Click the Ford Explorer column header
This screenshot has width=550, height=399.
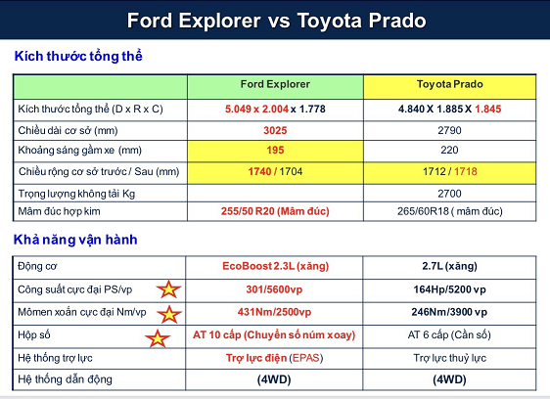tap(275, 84)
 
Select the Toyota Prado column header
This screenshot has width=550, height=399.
tap(449, 84)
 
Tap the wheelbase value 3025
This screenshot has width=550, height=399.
tap(275, 130)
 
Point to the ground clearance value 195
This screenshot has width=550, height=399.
tap(275, 150)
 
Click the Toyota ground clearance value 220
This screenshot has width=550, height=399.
tap(449, 150)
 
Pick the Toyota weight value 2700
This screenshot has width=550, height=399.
tap(449, 194)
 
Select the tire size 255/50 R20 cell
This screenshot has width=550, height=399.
tap(275, 211)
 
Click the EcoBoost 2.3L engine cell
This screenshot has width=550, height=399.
tap(275, 266)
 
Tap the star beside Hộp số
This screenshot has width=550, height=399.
tap(158, 338)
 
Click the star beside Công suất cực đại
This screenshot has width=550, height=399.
tap(168, 289)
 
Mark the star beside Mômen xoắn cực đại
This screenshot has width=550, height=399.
tap(169, 314)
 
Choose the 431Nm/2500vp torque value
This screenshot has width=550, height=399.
tap(274, 312)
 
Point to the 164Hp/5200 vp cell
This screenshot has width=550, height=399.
tap(449, 289)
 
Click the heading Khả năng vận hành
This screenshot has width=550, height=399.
tap(75, 240)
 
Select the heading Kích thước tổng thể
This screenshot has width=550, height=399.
tap(78, 56)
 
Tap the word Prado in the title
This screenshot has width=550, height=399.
tap(397, 21)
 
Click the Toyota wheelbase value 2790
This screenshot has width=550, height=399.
tap(449, 130)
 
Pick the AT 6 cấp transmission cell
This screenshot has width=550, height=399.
tap(449, 334)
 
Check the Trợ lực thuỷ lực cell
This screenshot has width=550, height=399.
tap(449, 358)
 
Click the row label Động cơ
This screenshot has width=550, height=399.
tap(37, 266)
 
